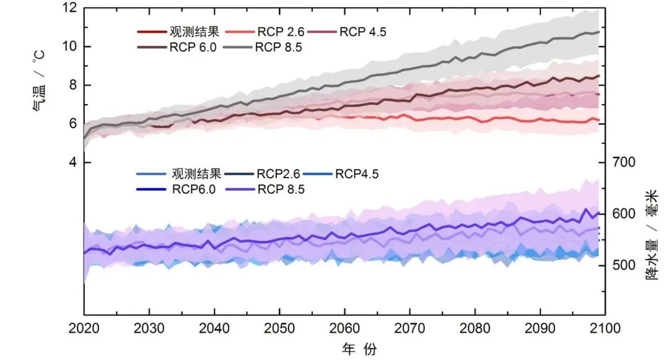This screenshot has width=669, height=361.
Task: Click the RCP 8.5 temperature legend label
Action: pyautogui.click(x=278, y=47)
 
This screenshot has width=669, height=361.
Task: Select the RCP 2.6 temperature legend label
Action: pyautogui.click(x=281, y=32)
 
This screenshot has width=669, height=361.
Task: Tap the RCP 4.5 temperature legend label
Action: pyautogui.click(x=362, y=32)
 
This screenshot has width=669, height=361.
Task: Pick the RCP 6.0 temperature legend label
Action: pyautogui.click(x=193, y=47)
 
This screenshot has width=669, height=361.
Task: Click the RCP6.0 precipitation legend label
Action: pyautogui.click(x=194, y=189)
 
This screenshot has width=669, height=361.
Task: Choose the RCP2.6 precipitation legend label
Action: pyautogui.click(x=278, y=174)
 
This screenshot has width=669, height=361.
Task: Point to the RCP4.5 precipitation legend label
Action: pyautogui.click(x=357, y=174)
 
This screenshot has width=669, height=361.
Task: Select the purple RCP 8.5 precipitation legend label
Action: pyautogui.click(x=281, y=189)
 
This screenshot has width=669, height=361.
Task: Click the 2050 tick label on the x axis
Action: pyautogui.click(x=279, y=328)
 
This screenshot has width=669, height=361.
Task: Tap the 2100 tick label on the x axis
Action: pyautogui.click(x=605, y=328)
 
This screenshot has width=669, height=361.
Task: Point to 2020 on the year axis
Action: pyautogui.click(x=84, y=328)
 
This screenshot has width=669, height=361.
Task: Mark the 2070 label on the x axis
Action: pyautogui.click(x=409, y=328)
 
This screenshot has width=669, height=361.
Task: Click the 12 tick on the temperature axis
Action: pyautogui.click(x=70, y=7)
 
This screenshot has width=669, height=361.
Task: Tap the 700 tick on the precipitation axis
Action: pyautogui.click(x=624, y=162)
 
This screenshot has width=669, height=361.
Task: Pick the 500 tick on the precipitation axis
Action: pyautogui.click(x=624, y=265)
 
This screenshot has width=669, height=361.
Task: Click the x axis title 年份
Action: pyautogui.click(x=359, y=349)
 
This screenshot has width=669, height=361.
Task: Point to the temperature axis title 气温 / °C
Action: pyautogui.click(x=39, y=82)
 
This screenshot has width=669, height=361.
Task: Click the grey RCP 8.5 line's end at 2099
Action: pyautogui.click(x=599, y=32)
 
